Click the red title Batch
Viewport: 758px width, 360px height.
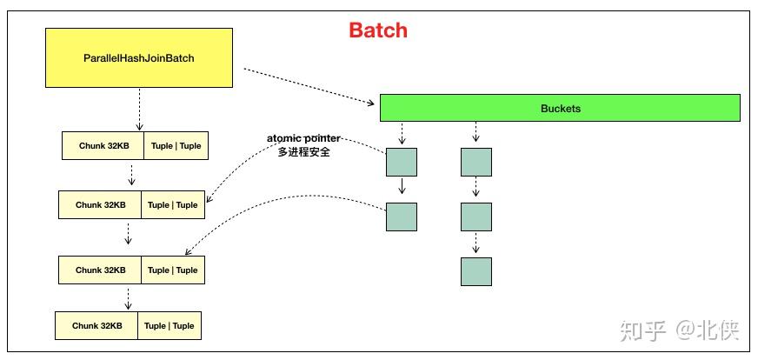pos(378,30)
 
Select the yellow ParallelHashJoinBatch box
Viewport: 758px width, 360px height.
pos(139,57)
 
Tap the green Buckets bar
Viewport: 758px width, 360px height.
pos(560,109)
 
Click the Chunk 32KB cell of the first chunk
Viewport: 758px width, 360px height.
pos(103,146)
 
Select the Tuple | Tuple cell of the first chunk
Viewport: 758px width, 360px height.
pos(176,146)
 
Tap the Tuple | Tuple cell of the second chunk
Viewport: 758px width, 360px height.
pos(172,205)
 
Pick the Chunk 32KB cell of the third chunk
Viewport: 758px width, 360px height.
pos(101,270)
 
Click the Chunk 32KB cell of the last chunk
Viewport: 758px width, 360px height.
pos(97,326)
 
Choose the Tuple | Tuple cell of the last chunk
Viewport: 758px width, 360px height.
pos(169,326)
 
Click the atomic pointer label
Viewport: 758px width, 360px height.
pos(303,139)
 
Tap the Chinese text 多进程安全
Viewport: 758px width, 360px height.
pos(303,152)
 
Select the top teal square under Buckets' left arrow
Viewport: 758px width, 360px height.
pos(402,163)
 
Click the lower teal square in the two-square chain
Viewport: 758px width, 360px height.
pos(402,217)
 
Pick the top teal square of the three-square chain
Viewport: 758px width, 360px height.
pos(476,163)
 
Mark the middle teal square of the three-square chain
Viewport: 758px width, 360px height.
pos(476,217)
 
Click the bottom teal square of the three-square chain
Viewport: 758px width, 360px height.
pos(476,271)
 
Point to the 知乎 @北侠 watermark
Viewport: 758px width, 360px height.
pos(677,330)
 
